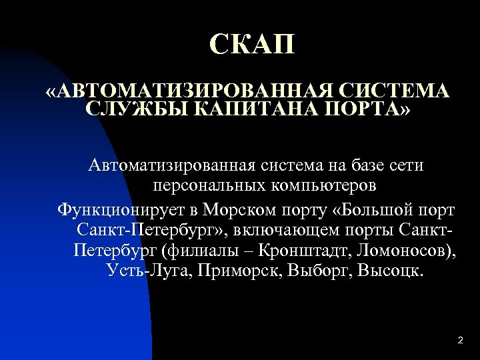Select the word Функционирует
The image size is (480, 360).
click(123, 211)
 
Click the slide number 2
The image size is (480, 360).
click(460, 341)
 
